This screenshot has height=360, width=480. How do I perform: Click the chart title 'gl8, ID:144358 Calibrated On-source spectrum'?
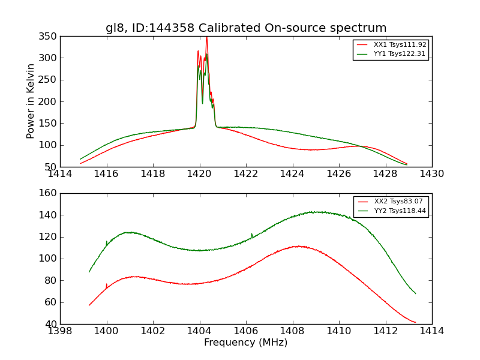246,28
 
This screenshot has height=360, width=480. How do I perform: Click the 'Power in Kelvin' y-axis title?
31,101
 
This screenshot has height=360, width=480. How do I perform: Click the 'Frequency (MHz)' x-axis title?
245,343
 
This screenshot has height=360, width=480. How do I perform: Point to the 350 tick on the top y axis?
50,37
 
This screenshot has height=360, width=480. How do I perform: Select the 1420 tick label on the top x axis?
199,173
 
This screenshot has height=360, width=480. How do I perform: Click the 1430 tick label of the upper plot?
431,173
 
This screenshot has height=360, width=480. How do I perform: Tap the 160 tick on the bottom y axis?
50,193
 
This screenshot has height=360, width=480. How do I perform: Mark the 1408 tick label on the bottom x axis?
292,331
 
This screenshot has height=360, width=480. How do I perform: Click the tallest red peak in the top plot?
206,38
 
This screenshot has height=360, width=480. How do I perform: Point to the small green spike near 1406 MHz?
251,234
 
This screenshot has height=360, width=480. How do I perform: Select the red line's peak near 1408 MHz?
297,246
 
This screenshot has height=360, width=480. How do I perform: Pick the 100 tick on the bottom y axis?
50,259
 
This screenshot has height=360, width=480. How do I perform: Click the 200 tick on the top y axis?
50,101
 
